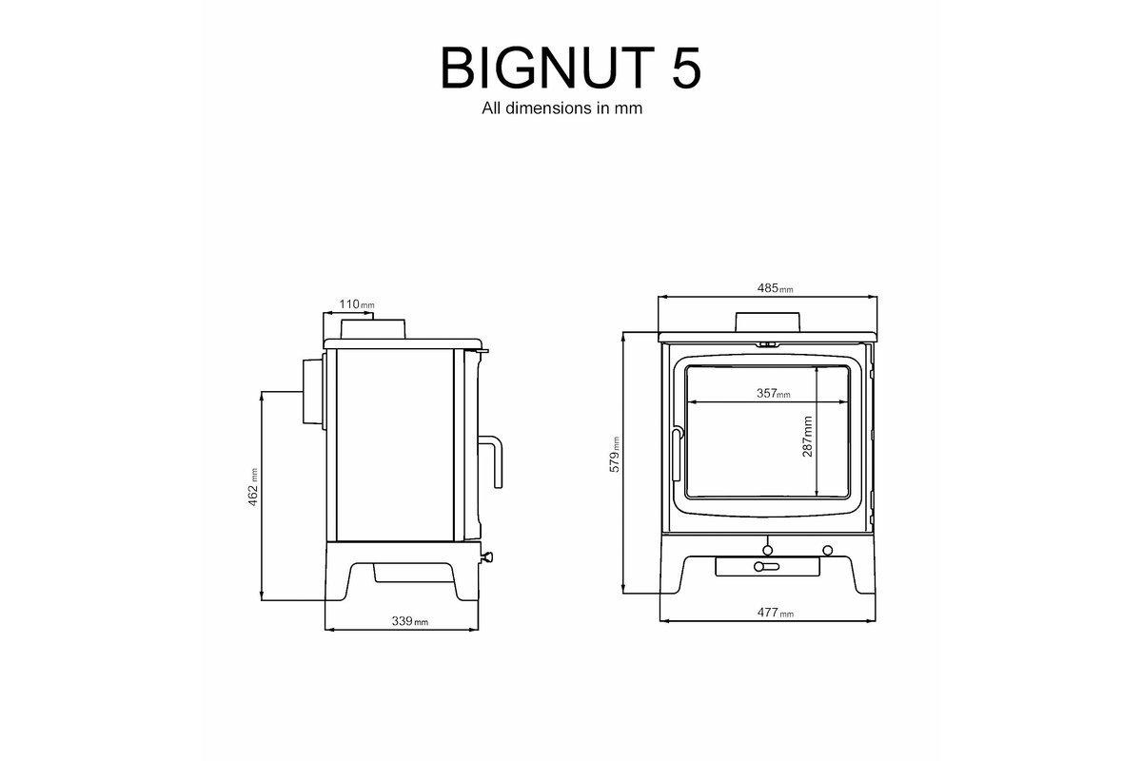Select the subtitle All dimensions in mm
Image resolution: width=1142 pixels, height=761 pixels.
[x=562, y=108]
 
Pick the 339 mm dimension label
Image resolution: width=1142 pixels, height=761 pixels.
[x=409, y=621]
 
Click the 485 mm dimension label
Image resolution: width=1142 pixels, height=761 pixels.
[x=775, y=288]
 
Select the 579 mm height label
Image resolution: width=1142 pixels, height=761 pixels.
[x=615, y=456]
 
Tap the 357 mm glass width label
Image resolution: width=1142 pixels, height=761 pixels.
[x=772, y=393]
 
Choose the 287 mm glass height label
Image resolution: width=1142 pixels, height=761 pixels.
[x=807, y=437]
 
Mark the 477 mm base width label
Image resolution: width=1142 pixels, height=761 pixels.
[x=774, y=614]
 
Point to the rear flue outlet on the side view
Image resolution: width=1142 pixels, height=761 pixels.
[x=313, y=392]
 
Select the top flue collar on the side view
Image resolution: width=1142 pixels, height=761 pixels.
[x=375, y=328]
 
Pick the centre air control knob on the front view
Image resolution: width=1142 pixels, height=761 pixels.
[x=767, y=549]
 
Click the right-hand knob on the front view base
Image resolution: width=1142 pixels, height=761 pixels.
[x=826, y=550]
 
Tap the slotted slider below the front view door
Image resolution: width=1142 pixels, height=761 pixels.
[x=767, y=567]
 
